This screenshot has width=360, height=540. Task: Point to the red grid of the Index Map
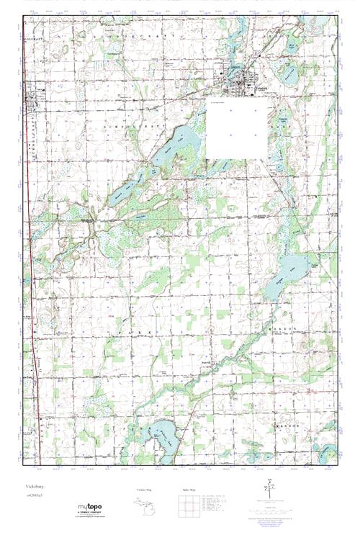[x=188, y=506]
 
